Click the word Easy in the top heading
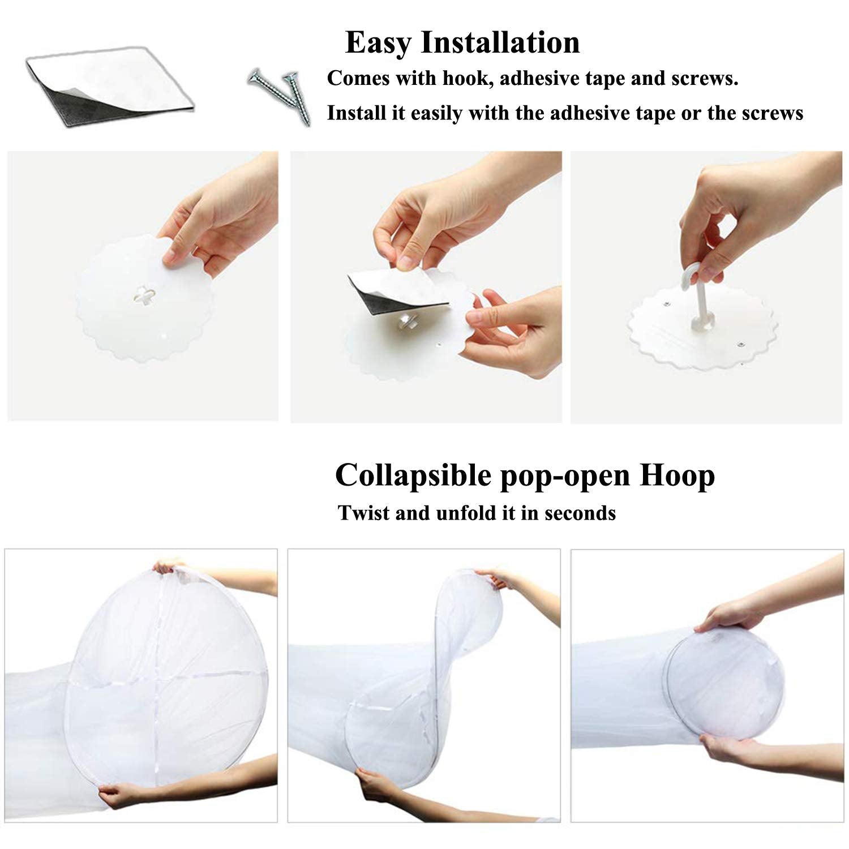[x=379, y=44]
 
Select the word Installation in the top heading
[x=501, y=42]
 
